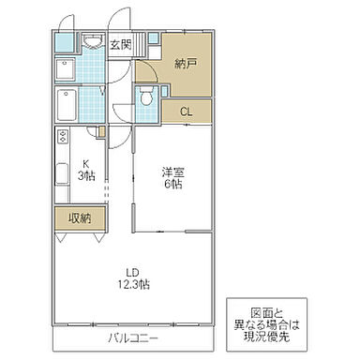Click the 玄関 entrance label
click(120, 45)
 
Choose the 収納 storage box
click(80, 217)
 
